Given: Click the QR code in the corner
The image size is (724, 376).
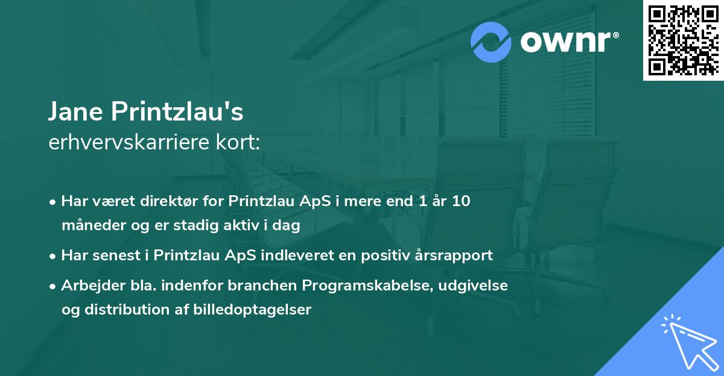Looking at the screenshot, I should tap(682, 40).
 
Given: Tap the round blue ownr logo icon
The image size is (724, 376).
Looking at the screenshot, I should tap(492, 42).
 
